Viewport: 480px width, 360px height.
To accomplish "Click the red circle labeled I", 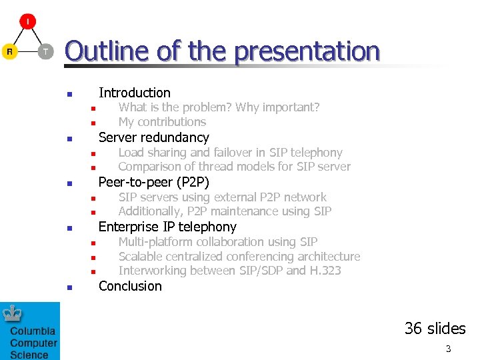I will pyautogui.click(x=27, y=22).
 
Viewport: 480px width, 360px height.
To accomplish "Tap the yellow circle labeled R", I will pyautogui.click(x=9, y=51).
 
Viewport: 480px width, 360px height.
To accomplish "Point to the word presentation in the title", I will pyautogui.click(x=307, y=51).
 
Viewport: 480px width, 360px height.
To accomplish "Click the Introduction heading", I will pyautogui.click(x=134, y=93).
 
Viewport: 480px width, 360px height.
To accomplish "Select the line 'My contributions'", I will pyautogui.click(x=162, y=122).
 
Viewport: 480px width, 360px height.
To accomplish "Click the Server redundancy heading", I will pyautogui.click(x=153, y=137).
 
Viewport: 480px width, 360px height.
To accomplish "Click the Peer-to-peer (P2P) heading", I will pyautogui.click(x=153, y=182).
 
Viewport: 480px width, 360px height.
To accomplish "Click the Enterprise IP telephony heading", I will pyautogui.click(x=167, y=227).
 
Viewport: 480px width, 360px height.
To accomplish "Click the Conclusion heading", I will pyautogui.click(x=130, y=286).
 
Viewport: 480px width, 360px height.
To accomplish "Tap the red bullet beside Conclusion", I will pyautogui.click(x=69, y=288).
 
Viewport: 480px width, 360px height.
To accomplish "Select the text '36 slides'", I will pyautogui.click(x=435, y=329).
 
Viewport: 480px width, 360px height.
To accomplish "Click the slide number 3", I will pyautogui.click(x=448, y=349).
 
